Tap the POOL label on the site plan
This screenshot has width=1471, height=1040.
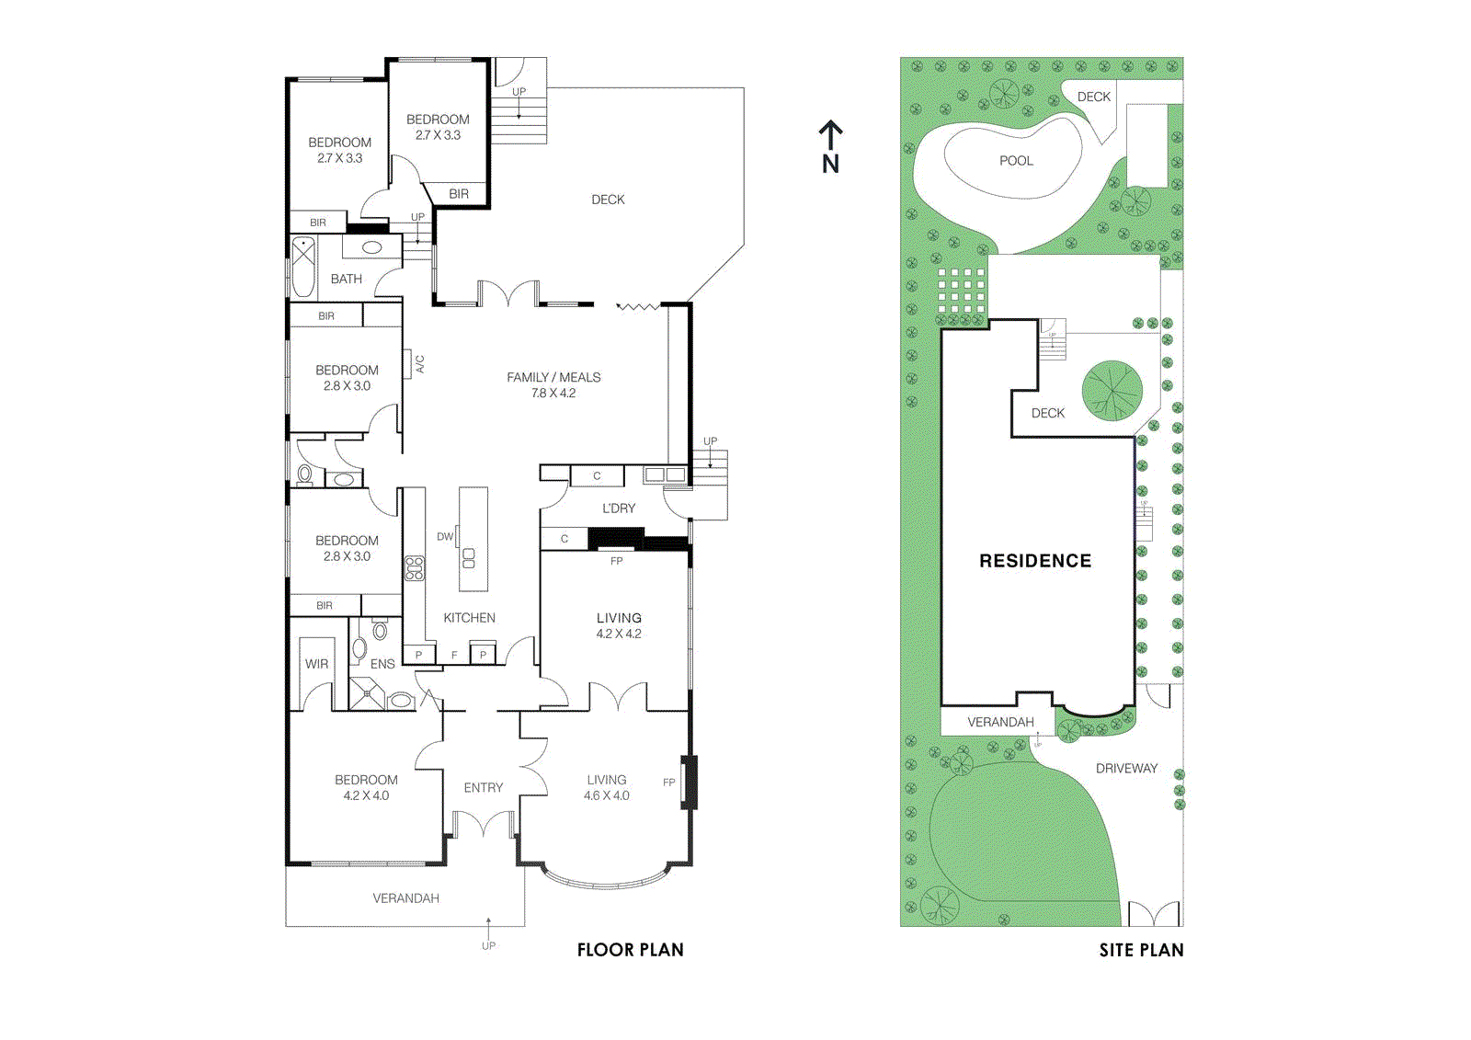pyautogui.click(x=1016, y=161)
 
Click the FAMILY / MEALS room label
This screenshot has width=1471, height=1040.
pyautogui.click(x=553, y=377)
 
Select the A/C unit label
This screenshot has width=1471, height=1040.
pyautogui.click(x=420, y=364)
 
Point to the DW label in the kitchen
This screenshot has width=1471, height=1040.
pyautogui.click(x=445, y=537)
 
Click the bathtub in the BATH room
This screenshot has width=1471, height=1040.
pyautogui.click(x=303, y=268)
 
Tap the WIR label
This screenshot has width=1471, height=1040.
pyautogui.click(x=316, y=664)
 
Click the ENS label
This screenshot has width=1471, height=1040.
pyautogui.click(x=382, y=664)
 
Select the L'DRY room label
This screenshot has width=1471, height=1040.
pyautogui.click(x=619, y=509)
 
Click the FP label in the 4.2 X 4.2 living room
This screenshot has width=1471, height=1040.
pyautogui.click(x=617, y=561)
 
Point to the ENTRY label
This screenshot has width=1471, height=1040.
pyautogui.click(x=484, y=788)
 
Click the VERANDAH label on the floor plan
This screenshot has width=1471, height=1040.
pyautogui.click(x=405, y=898)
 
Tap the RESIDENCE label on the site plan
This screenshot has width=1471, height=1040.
pyautogui.click(x=1035, y=561)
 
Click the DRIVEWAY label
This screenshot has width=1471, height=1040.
pyautogui.click(x=1126, y=769)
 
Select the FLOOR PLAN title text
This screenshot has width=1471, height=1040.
pyautogui.click(x=630, y=950)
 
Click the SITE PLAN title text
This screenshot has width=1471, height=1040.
pyautogui.click(x=1141, y=950)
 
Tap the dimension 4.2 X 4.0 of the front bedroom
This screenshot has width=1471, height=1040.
pyautogui.click(x=366, y=796)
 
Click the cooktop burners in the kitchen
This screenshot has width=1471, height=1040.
pyautogui.click(x=415, y=568)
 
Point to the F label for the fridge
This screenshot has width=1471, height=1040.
pyautogui.click(x=454, y=656)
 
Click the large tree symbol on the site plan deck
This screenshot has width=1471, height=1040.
pyautogui.click(x=1112, y=391)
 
